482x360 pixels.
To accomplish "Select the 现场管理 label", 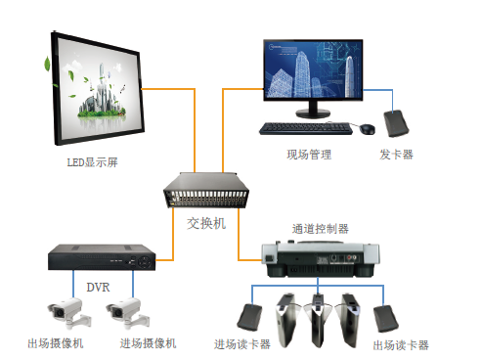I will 309,155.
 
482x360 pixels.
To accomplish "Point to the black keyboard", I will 305,127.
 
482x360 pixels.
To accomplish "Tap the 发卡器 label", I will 396,155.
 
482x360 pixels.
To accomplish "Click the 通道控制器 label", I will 320,229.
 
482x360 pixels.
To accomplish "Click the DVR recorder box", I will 102,258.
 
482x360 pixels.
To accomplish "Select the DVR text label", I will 98,288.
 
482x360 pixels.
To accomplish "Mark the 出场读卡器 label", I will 401,345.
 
